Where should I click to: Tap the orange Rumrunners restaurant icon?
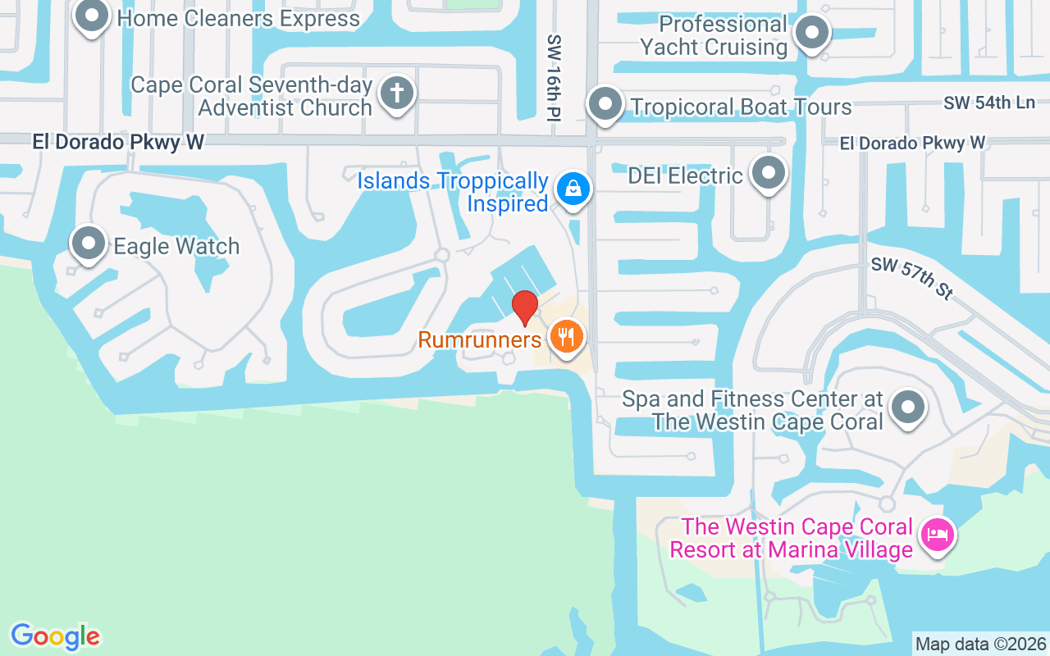pyautogui.click(x=566, y=335)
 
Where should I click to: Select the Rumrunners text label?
pyautogui.click(x=480, y=339)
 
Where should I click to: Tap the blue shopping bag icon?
pyautogui.click(x=573, y=189)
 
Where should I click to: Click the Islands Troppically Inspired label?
pyautogui.click(x=453, y=192)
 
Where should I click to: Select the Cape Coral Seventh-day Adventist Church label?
pyautogui.click(x=252, y=96)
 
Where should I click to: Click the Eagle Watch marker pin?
pyautogui.click(x=89, y=244)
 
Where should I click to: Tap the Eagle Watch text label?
pyautogui.click(x=176, y=246)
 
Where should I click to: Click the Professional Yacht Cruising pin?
pyautogui.click(x=813, y=34)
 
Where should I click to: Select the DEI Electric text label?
pyautogui.click(x=685, y=175)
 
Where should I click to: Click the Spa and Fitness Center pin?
pyautogui.click(x=907, y=407)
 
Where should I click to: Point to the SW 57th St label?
pyautogui.click(x=911, y=277)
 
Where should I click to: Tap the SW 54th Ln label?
pyautogui.click(x=988, y=103)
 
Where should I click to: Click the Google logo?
pyautogui.click(x=55, y=636)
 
